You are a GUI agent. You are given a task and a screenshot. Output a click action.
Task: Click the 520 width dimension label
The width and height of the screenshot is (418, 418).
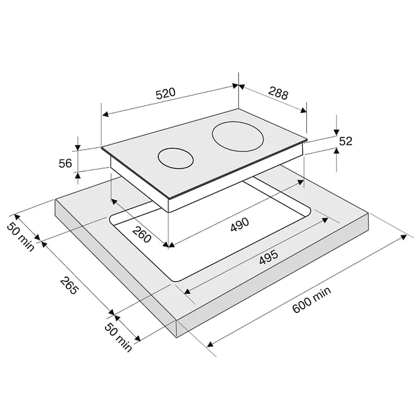pos(166,94)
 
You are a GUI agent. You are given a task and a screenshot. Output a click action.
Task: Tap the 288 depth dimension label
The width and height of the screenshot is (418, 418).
pos(278,93)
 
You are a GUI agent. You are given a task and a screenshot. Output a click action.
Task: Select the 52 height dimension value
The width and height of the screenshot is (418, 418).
pos(345,141)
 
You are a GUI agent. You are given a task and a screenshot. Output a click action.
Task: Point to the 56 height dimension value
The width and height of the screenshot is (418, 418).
pos(65,163)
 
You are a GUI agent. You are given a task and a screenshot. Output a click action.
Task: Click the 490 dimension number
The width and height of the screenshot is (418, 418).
pos(240,225)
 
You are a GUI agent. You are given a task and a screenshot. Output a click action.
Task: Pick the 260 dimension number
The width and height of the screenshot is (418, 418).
pos(142,235)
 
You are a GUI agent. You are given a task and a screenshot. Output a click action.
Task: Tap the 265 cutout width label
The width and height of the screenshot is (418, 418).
pos(69,286)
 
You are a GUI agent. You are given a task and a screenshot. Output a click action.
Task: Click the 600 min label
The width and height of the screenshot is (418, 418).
pos(312,300)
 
